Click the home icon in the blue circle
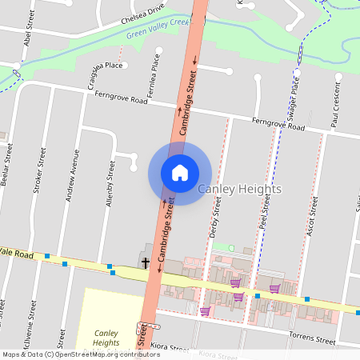coord(180,173)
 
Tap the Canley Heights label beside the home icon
coord(239,190)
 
